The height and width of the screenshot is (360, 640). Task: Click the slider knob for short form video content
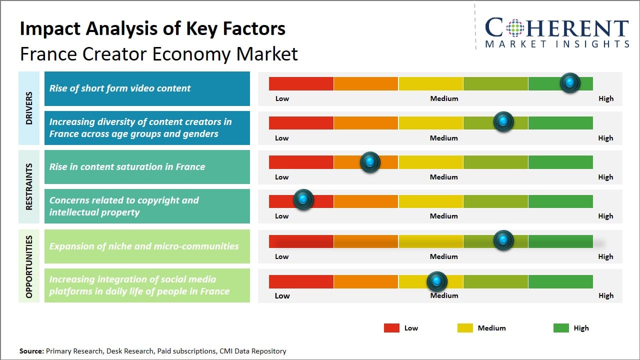(x=569, y=82)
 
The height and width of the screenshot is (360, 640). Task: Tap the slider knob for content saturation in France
(x=369, y=161)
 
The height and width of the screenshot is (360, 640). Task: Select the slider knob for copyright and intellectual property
(x=303, y=199)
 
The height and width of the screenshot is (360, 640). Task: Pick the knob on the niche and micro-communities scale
(x=503, y=240)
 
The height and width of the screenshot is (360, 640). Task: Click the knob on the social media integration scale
(x=437, y=281)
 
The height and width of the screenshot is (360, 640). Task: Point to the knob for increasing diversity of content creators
(x=503, y=121)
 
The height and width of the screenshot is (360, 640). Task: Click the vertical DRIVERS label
(x=29, y=108)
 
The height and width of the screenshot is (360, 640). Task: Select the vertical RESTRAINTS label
(x=29, y=186)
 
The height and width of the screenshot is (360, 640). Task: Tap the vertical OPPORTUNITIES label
(x=29, y=266)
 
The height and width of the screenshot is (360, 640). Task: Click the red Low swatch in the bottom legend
(x=391, y=328)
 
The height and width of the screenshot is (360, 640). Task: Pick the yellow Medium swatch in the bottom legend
(x=465, y=328)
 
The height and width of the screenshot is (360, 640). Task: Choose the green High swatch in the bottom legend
(x=561, y=328)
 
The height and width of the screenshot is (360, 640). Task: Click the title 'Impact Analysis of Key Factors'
(x=152, y=29)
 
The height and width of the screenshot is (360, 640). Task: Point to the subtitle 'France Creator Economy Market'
(x=158, y=53)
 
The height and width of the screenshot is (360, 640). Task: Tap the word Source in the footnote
(x=31, y=351)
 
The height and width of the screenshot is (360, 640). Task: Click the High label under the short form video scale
(x=605, y=98)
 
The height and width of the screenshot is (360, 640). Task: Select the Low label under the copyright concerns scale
(x=282, y=216)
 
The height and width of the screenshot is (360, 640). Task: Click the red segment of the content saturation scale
(x=301, y=162)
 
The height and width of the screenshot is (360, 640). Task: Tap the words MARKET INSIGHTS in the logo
(x=556, y=44)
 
